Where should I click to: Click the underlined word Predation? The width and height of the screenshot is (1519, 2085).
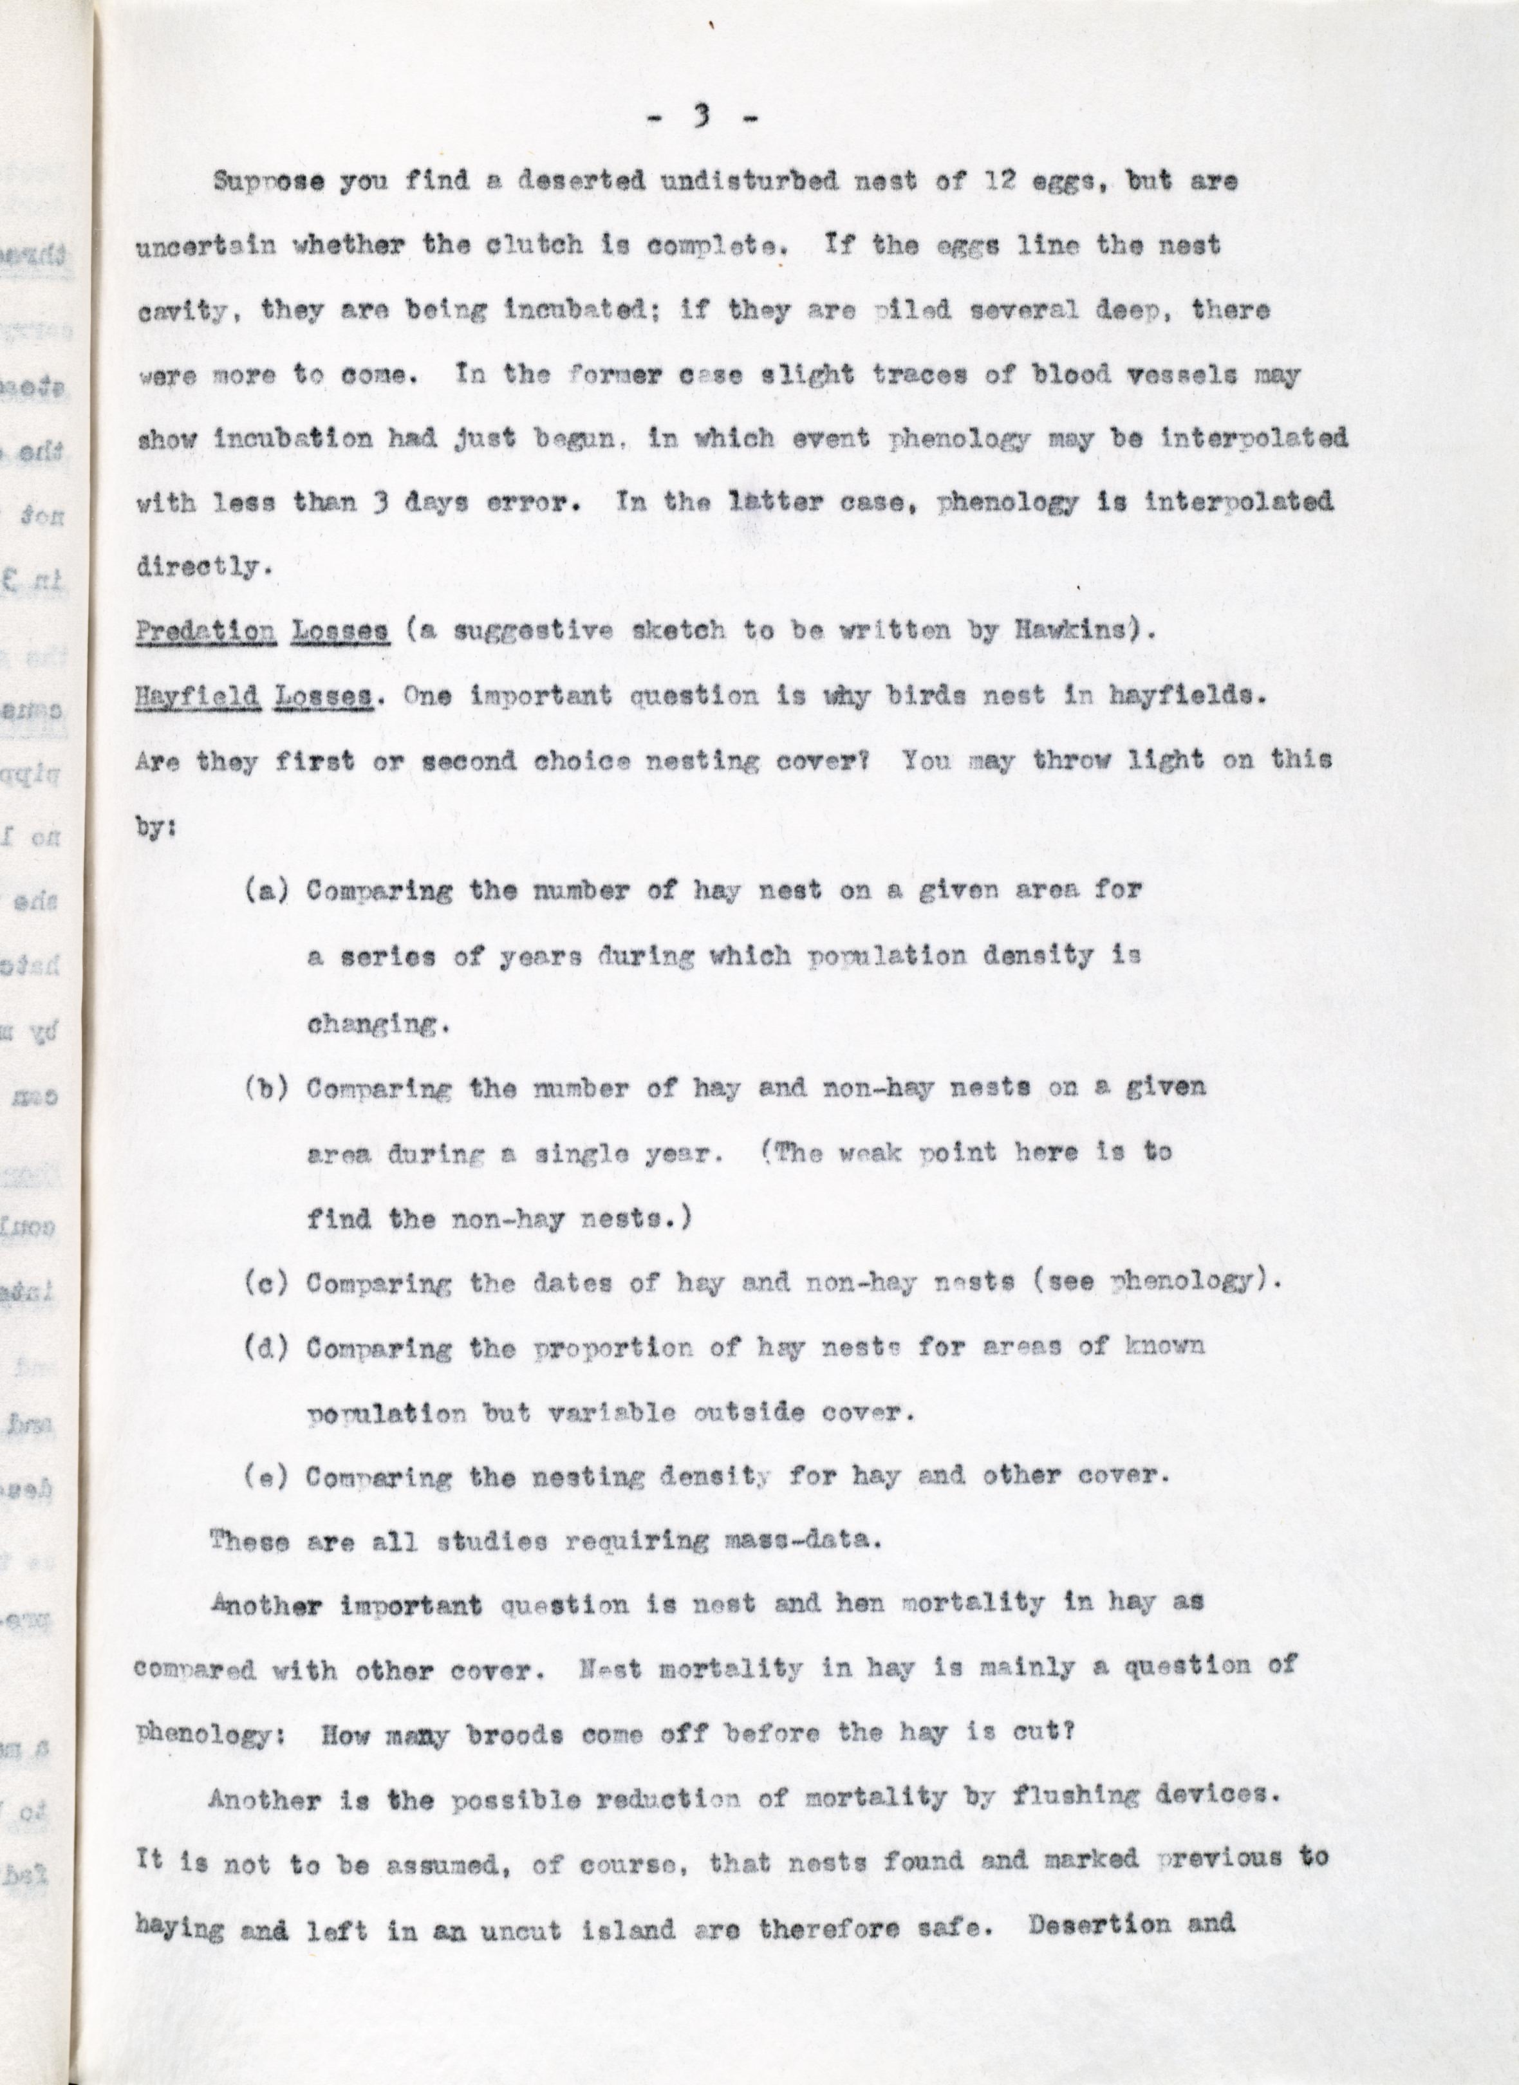[x=206, y=631]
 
